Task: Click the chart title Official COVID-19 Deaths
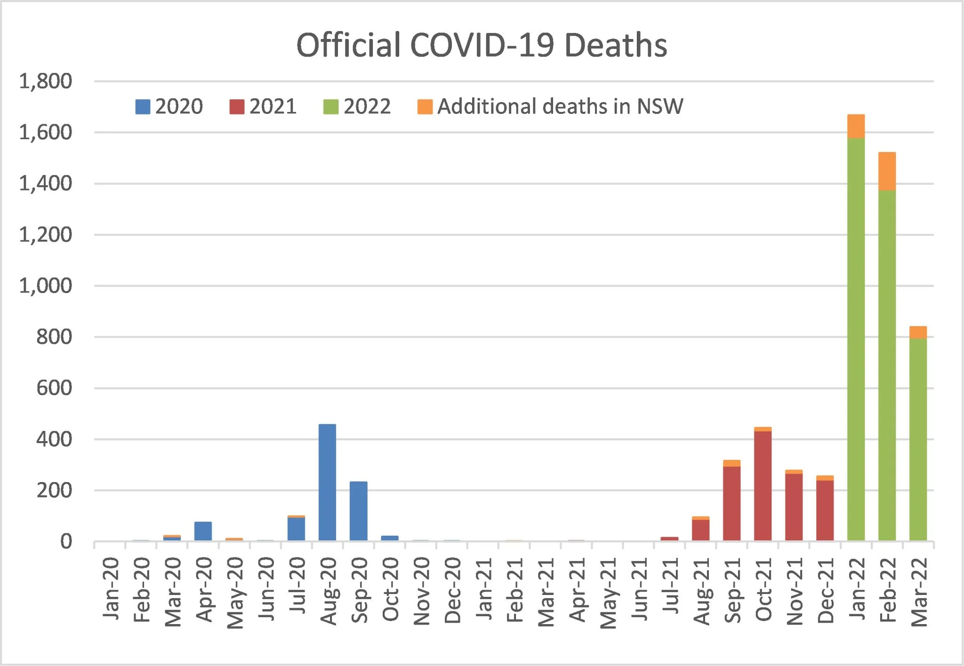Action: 482,46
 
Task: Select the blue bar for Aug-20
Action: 327,482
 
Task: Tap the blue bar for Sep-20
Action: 358,511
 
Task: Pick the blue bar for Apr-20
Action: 203,531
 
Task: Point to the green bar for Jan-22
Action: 856,339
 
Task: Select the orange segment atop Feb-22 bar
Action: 887,171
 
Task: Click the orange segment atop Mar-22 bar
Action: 918,332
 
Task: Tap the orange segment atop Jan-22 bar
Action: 856,126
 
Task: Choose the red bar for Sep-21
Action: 731,503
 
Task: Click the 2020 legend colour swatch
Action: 143,107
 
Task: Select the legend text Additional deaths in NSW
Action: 560,107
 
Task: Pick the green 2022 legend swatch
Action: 331,107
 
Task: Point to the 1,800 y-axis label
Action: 46,81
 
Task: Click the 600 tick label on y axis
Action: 54,388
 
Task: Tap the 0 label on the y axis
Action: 66,542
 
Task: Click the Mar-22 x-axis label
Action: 919,592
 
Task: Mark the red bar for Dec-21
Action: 825,510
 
